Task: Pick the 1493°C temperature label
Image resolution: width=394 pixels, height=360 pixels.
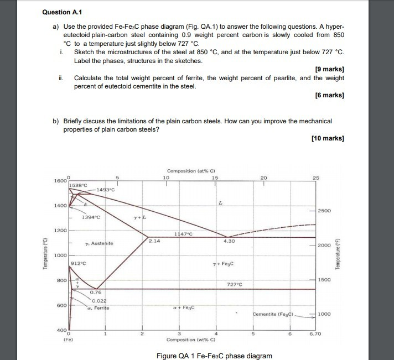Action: (x=105, y=190)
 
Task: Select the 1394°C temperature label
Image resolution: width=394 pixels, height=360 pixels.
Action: (x=90, y=217)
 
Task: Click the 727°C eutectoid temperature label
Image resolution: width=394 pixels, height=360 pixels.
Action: (x=236, y=284)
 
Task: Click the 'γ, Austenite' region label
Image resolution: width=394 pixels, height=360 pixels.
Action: (x=100, y=243)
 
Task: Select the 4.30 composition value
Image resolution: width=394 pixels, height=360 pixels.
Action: (x=230, y=241)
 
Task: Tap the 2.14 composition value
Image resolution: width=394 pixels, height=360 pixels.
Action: (x=154, y=241)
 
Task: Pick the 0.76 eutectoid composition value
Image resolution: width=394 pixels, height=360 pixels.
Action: (x=96, y=293)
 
